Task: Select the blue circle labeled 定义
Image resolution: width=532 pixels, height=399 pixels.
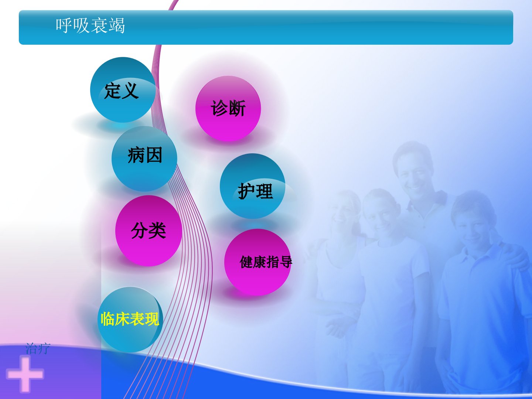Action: click(x=123, y=90)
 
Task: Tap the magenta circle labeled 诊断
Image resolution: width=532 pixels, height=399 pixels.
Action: click(x=228, y=109)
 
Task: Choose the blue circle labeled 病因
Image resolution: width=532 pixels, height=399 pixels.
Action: click(x=144, y=159)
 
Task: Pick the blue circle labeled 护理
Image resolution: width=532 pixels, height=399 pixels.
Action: click(x=253, y=186)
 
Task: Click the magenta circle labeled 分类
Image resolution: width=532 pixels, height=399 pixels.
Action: click(x=149, y=231)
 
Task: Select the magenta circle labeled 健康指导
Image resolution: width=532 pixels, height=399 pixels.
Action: click(x=258, y=262)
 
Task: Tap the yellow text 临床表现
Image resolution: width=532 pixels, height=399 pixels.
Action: click(x=130, y=319)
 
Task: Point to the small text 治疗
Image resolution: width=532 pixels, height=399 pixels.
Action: click(x=38, y=349)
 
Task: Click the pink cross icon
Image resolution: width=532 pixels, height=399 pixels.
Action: click(x=25, y=374)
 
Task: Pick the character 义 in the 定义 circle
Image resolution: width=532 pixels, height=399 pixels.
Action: click(x=130, y=91)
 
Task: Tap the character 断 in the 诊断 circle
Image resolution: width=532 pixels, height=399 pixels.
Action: click(x=237, y=108)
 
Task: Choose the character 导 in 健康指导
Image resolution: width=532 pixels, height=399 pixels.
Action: click(x=286, y=262)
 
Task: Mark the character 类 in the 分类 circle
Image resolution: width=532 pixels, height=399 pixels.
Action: click(x=157, y=231)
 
